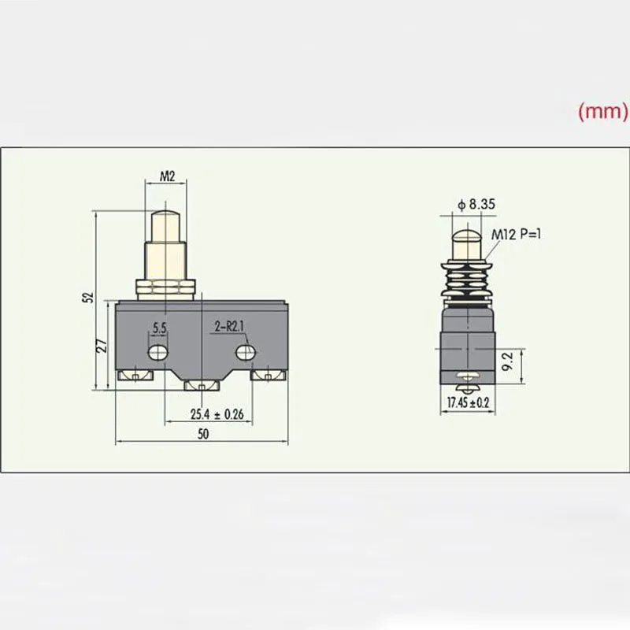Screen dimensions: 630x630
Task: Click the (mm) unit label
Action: [x=603, y=112]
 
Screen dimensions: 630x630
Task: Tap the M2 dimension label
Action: [x=167, y=176]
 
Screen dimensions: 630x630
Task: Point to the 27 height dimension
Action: [x=100, y=346]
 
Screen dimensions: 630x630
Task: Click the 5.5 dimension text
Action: [x=160, y=327]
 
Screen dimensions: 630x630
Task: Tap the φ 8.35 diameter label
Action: [x=476, y=204]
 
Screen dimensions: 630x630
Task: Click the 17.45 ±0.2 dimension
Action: [x=468, y=402]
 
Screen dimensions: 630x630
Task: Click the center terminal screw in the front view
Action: [x=202, y=385]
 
